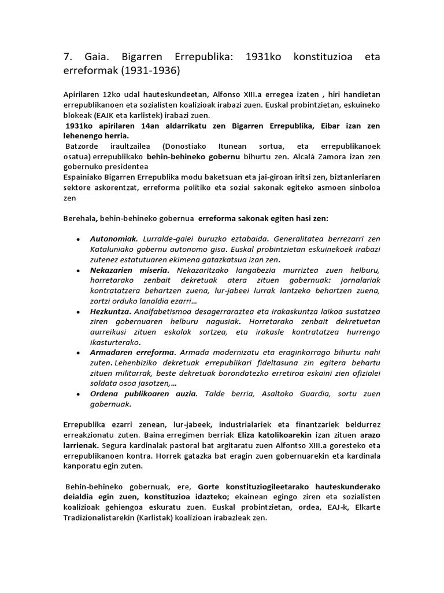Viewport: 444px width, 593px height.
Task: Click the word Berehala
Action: click(79, 219)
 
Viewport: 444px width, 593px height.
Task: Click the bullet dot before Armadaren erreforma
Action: click(78, 352)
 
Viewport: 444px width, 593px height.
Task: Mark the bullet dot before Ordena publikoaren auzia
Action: click(78, 394)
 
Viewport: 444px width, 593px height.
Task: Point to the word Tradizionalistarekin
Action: click(108, 518)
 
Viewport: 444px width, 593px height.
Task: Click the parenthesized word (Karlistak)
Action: click(168, 518)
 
